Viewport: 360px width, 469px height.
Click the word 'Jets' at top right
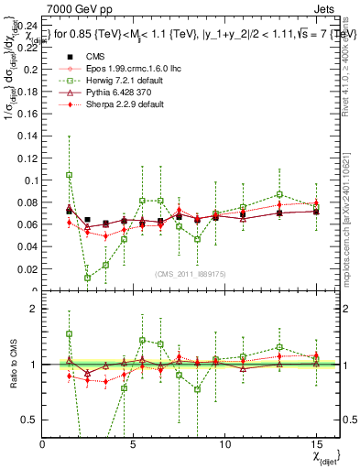pos(327,10)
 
